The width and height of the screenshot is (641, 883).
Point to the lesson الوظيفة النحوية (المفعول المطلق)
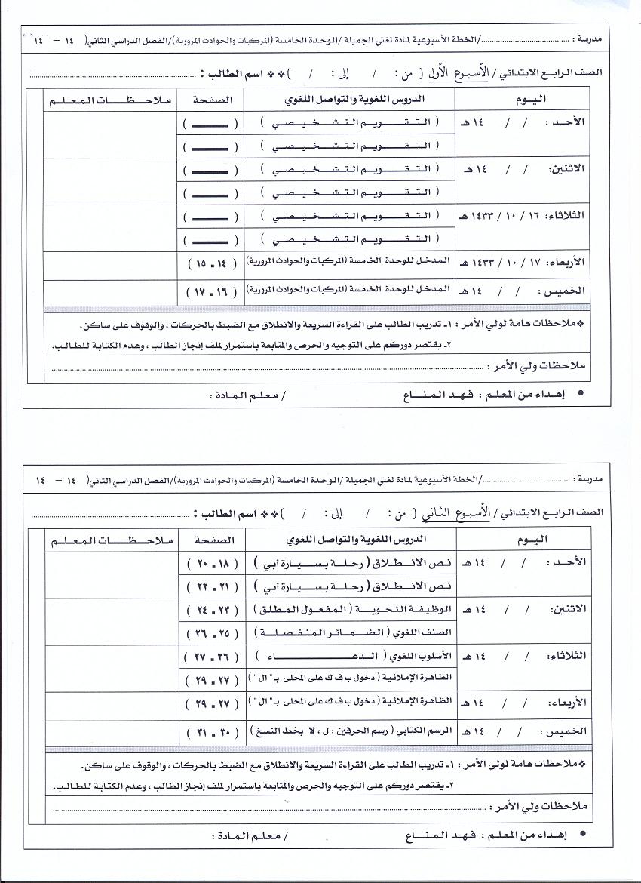pyautogui.click(x=353, y=609)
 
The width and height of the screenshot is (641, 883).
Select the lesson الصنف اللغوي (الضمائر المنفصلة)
pyautogui.click(x=353, y=632)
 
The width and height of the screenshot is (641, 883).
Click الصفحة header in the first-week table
pyautogui.click(x=207, y=100)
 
